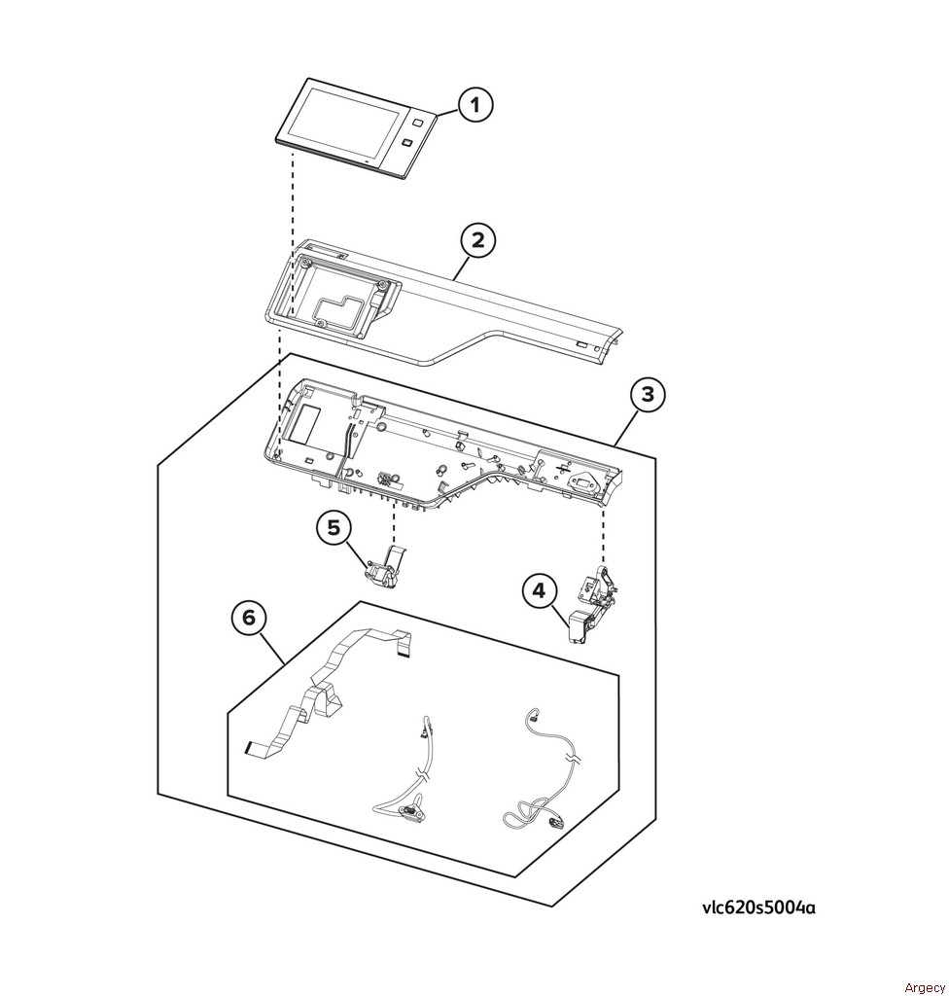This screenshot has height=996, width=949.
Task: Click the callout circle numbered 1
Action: [x=475, y=105]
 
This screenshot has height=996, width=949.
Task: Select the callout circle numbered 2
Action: [x=477, y=241]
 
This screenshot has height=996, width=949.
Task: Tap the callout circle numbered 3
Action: [x=648, y=395]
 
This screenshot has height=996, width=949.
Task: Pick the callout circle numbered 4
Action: [x=539, y=591]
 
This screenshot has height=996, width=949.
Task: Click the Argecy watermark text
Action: [x=925, y=987]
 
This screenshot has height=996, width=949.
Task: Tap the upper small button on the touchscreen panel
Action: [x=416, y=122]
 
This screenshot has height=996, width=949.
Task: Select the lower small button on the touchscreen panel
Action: [x=407, y=145]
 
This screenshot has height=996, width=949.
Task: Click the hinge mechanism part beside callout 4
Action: [x=591, y=603]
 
